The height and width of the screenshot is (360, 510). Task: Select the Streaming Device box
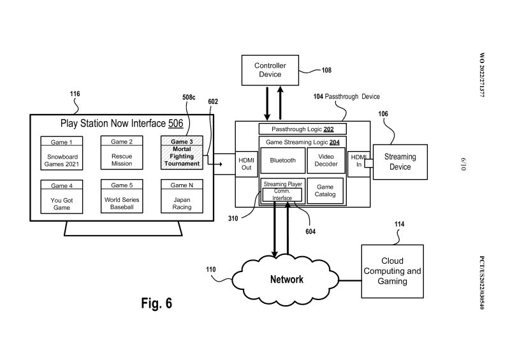point(400,162)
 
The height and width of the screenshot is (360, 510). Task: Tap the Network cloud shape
point(286,279)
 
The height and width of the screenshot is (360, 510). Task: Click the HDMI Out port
point(246,164)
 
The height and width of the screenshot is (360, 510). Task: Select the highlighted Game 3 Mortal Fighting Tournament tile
point(182,152)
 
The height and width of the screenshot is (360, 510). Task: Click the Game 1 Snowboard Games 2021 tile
point(62,152)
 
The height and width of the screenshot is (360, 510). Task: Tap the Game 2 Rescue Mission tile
point(122,152)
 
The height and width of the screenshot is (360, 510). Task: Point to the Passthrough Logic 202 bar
point(303,129)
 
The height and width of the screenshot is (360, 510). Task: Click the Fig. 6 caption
point(156,303)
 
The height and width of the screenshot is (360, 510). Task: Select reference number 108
point(326,71)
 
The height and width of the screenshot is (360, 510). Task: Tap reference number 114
point(400,224)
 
